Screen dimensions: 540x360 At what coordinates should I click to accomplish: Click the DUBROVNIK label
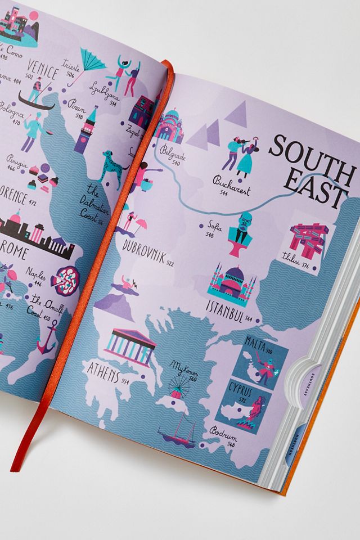pyautogui.click(x=145, y=252)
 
